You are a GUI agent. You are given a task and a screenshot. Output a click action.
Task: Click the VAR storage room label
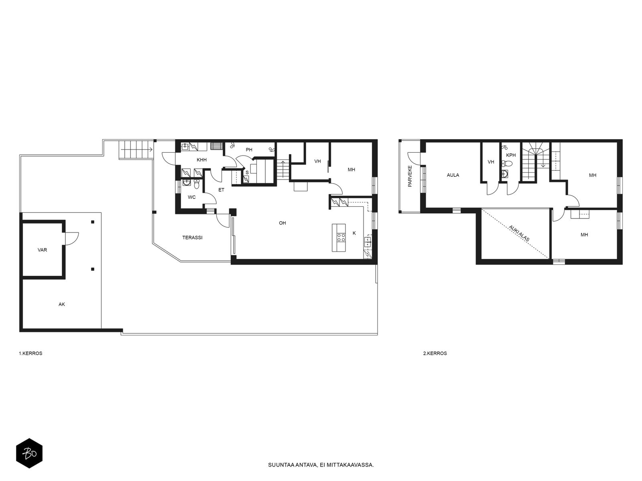click(42, 250)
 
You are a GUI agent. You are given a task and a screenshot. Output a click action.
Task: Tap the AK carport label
click(61, 304)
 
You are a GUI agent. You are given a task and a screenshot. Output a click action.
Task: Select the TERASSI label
click(193, 238)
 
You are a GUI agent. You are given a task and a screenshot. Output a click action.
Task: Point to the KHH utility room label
click(201, 160)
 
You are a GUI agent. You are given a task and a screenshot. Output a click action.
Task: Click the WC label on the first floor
click(191, 198)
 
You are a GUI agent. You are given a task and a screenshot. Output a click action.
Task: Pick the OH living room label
click(282, 223)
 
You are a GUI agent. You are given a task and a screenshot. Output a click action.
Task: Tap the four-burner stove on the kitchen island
click(341, 237)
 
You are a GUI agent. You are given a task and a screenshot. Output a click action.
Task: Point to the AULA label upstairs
click(453, 175)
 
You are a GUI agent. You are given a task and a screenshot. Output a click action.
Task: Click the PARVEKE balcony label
click(410, 176)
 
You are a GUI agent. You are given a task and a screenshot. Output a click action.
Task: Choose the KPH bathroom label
click(511, 156)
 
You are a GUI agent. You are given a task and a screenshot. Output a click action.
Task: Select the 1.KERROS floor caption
click(31, 354)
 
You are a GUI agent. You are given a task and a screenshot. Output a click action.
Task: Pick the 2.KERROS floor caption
click(435, 354)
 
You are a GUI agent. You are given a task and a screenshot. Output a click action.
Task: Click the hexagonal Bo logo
click(29, 453)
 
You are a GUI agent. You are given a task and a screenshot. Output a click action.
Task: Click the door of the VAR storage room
click(72, 238)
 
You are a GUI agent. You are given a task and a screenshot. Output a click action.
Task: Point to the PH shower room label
click(249, 150)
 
